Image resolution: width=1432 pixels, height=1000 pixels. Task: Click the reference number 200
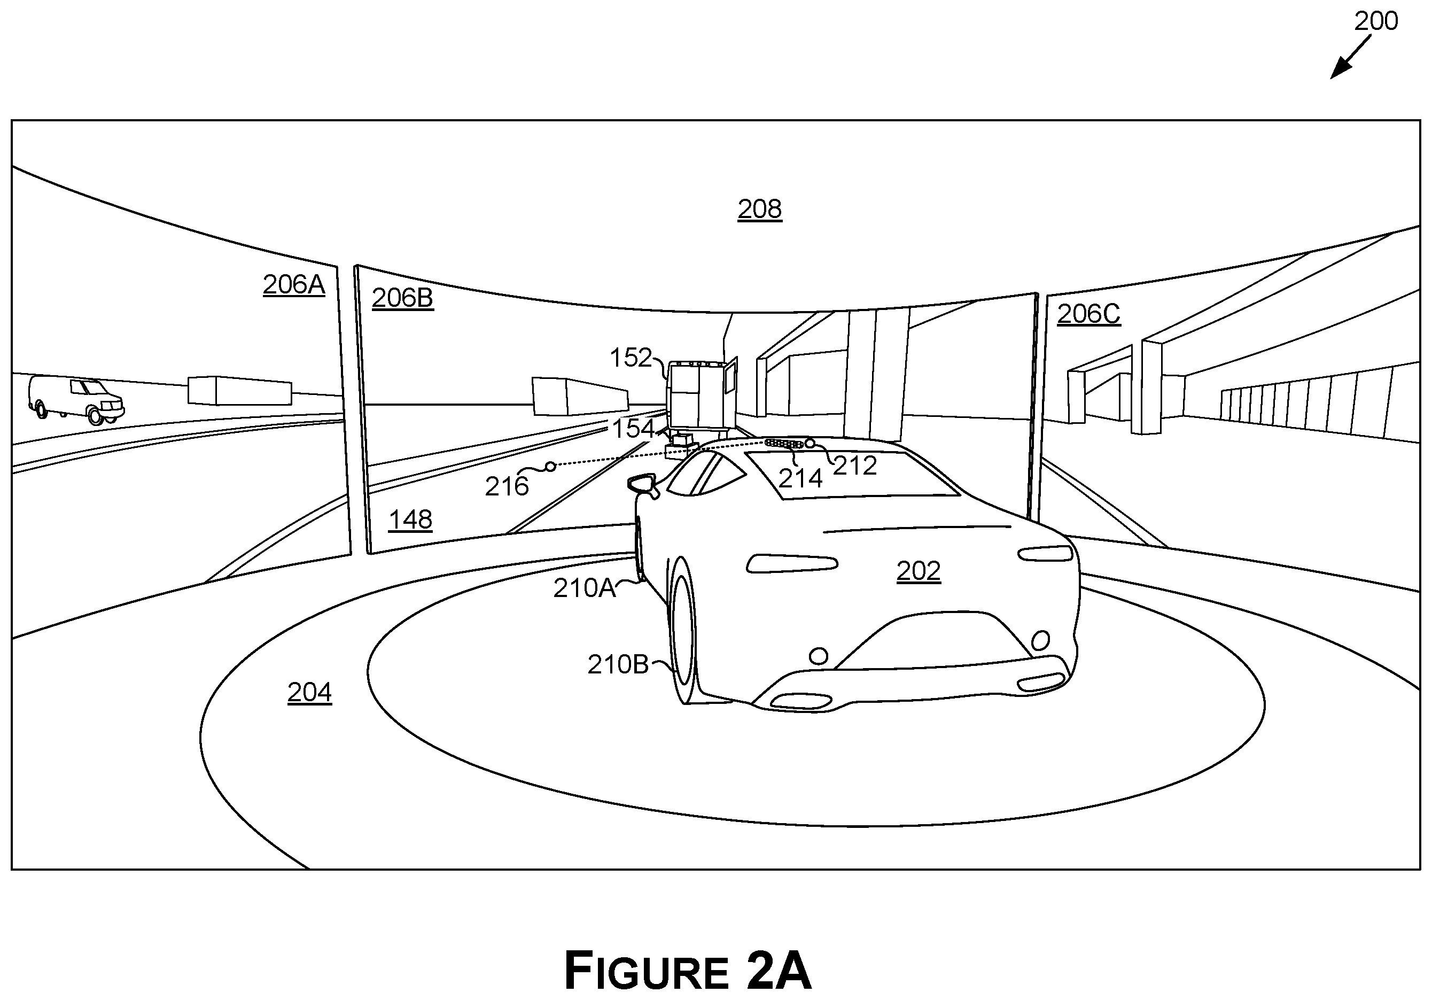(1376, 22)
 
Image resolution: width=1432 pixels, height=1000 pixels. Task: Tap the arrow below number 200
(1350, 57)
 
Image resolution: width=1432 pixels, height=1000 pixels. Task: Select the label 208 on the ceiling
(760, 209)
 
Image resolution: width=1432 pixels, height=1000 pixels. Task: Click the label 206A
(294, 284)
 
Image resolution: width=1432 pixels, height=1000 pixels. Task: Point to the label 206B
(402, 298)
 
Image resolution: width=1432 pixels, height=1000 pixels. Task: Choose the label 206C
(1088, 314)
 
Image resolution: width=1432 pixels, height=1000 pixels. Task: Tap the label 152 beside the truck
(631, 358)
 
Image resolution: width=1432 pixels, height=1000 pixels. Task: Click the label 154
(633, 429)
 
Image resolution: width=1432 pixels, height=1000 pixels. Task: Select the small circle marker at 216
(551, 466)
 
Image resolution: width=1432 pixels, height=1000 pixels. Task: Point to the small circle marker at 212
(810, 444)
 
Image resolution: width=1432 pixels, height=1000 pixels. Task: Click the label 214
(800, 478)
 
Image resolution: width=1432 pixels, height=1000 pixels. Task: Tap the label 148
(410, 520)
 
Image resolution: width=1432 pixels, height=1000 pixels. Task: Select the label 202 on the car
(919, 571)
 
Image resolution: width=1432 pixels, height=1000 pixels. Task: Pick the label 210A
(585, 588)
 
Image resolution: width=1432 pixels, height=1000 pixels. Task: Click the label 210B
(618, 665)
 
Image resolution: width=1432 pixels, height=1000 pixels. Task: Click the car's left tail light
(792, 563)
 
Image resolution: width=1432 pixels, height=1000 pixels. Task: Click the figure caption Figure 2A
(688, 971)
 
